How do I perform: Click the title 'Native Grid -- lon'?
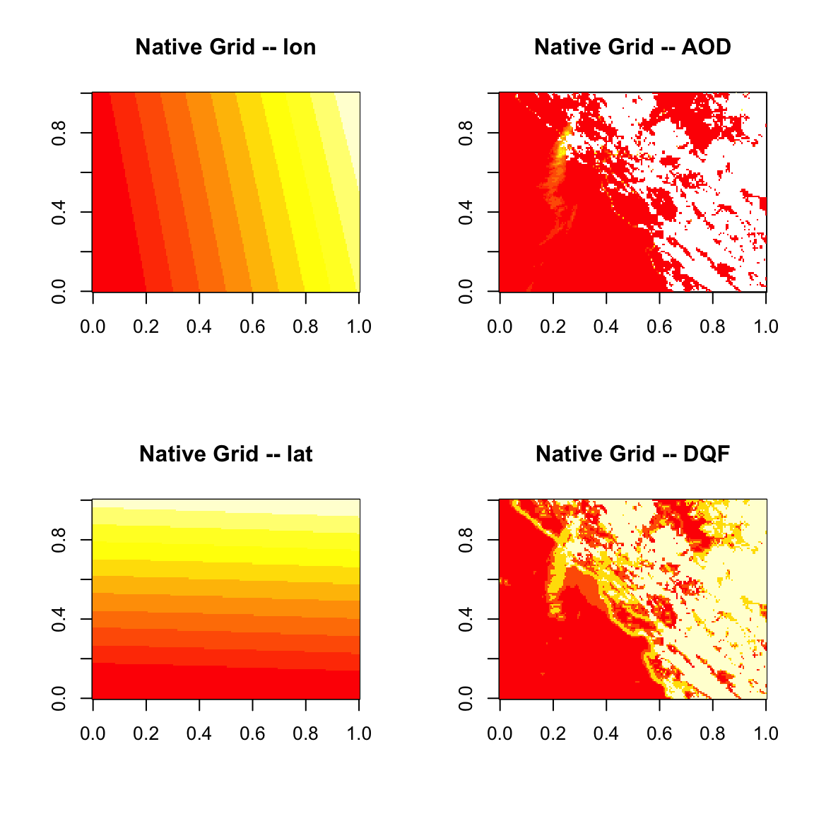[x=225, y=47]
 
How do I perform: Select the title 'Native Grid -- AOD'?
[x=632, y=47]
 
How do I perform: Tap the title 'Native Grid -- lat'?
[x=225, y=454]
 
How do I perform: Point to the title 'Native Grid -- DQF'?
[x=632, y=454]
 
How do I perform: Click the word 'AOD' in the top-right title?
[x=706, y=47]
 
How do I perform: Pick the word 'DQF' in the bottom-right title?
[x=706, y=454]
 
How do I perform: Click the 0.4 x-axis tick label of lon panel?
[x=199, y=326]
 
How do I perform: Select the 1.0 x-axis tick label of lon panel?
[x=359, y=326]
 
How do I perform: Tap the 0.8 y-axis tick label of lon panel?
[x=59, y=133]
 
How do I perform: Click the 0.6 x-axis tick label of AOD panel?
[x=659, y=326]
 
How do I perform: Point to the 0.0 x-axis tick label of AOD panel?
[x=500, y=326]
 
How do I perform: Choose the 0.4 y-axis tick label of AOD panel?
[x=466, y=212]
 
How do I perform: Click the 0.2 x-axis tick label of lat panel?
[x=146, y=733]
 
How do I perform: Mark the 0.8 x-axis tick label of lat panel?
[x=306, y=733]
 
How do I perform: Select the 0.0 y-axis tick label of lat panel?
[x=59, y=698]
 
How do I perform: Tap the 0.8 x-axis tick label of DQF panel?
[x=713, y=733]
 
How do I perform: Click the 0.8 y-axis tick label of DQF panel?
[x=466, y=540]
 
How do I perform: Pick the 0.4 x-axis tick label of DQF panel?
[x=606, y=733]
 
